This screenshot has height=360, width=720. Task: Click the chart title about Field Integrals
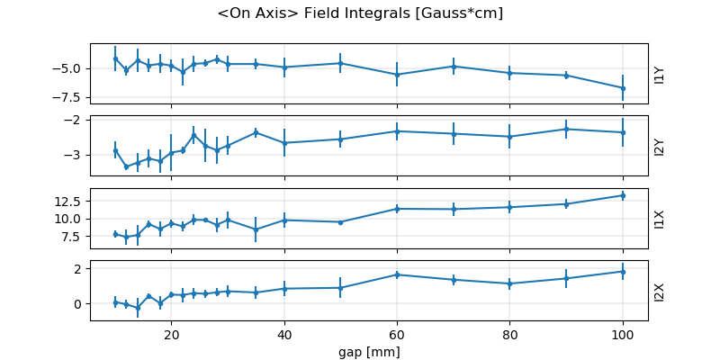coord(360,13)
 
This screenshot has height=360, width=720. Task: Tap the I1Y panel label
coord(660,74)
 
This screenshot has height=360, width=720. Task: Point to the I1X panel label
coord(660,219)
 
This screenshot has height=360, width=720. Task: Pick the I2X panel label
coord(660,291)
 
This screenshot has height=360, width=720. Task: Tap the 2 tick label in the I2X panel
coord(78,268)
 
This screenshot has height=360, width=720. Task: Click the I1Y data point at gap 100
coord(623,88)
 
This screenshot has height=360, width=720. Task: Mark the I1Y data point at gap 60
coord(397,75)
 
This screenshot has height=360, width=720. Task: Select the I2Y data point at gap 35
coord(256,132)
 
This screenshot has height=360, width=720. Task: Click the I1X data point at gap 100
coord(623,195)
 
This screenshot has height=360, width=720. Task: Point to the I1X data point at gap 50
coord(340,222)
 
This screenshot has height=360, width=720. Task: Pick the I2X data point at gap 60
coord(397,274)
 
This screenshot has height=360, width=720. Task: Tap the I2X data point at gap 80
coord(509,283)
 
